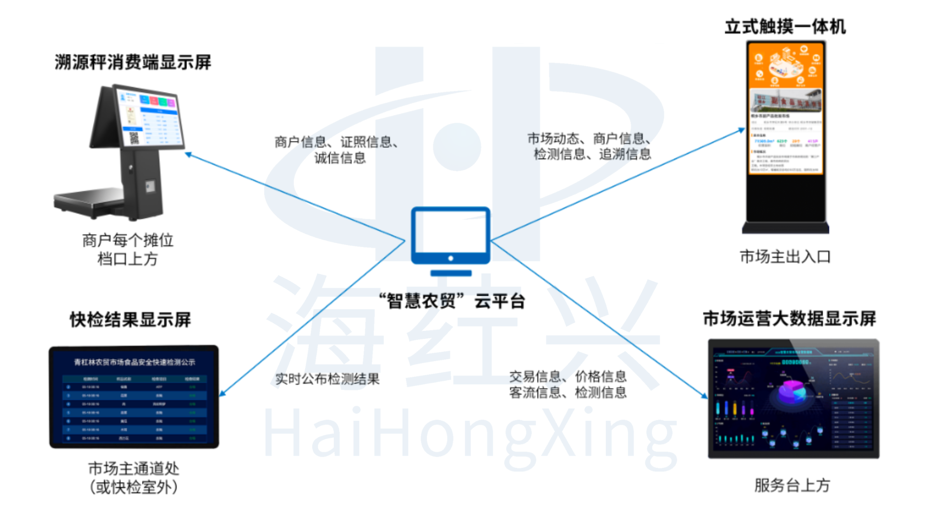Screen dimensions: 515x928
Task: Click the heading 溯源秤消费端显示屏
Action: pos(133,62)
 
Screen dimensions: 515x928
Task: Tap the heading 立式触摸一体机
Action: pos(785,27)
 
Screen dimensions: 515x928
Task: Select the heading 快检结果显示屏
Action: pos(130,320)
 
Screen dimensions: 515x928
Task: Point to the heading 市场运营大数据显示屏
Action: pos(789,318)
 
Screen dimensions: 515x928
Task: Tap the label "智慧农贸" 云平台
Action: pos(452,301)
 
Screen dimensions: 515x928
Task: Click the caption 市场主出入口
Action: pos(785,257)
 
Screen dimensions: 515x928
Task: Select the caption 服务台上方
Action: pos(792,485)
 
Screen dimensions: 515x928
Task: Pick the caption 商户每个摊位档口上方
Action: pos(128,249)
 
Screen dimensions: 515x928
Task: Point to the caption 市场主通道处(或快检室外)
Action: pos(134,478)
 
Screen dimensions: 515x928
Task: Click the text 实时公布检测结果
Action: pos(327,379)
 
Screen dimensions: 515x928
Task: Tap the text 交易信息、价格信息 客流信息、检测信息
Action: pos(568,384)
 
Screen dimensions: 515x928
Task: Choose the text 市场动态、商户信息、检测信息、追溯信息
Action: pos(589,146)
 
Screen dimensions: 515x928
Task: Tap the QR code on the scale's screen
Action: pos(134,138)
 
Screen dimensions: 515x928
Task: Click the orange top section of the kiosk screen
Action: pos(785,65)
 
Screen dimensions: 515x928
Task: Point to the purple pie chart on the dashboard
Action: pos(792,390)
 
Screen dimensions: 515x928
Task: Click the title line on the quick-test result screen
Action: pos(134,362)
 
